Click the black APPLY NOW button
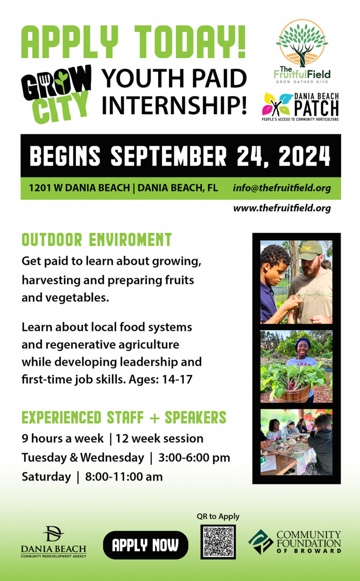click(x=145, y=544)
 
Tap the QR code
click(x=218, y=542)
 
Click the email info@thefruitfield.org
click(x=282, y=188)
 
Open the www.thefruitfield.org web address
click(x=282, y=208)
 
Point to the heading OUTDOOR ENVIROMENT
click(x=97, y=240)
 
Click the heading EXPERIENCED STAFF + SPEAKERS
click(x=124, y=417)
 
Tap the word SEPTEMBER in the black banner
click(x=168, y=156)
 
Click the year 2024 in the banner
click(x=304, y=156)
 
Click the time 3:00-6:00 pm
click(x=194, y=458)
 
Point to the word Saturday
click(x=46, y=477)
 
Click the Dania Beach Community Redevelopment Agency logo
click(x=53, y=541)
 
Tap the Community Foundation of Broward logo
click(x=295, y=542)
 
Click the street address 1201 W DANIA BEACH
click(x=79, y=188)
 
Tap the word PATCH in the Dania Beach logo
click(x=316, y=108)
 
